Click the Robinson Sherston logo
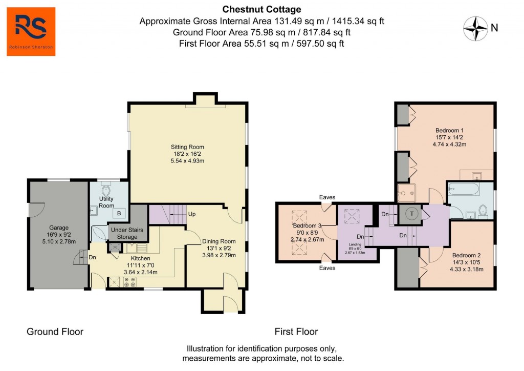pos(31,32)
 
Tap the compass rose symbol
pos(475,29)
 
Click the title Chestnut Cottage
pos(261,9)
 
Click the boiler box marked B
pos(119,213)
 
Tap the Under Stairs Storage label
pos(127,233)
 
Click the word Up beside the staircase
pos(192,214)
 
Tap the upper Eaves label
pos(327,197)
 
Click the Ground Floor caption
pos(55,332)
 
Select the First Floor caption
pos(296,332)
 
